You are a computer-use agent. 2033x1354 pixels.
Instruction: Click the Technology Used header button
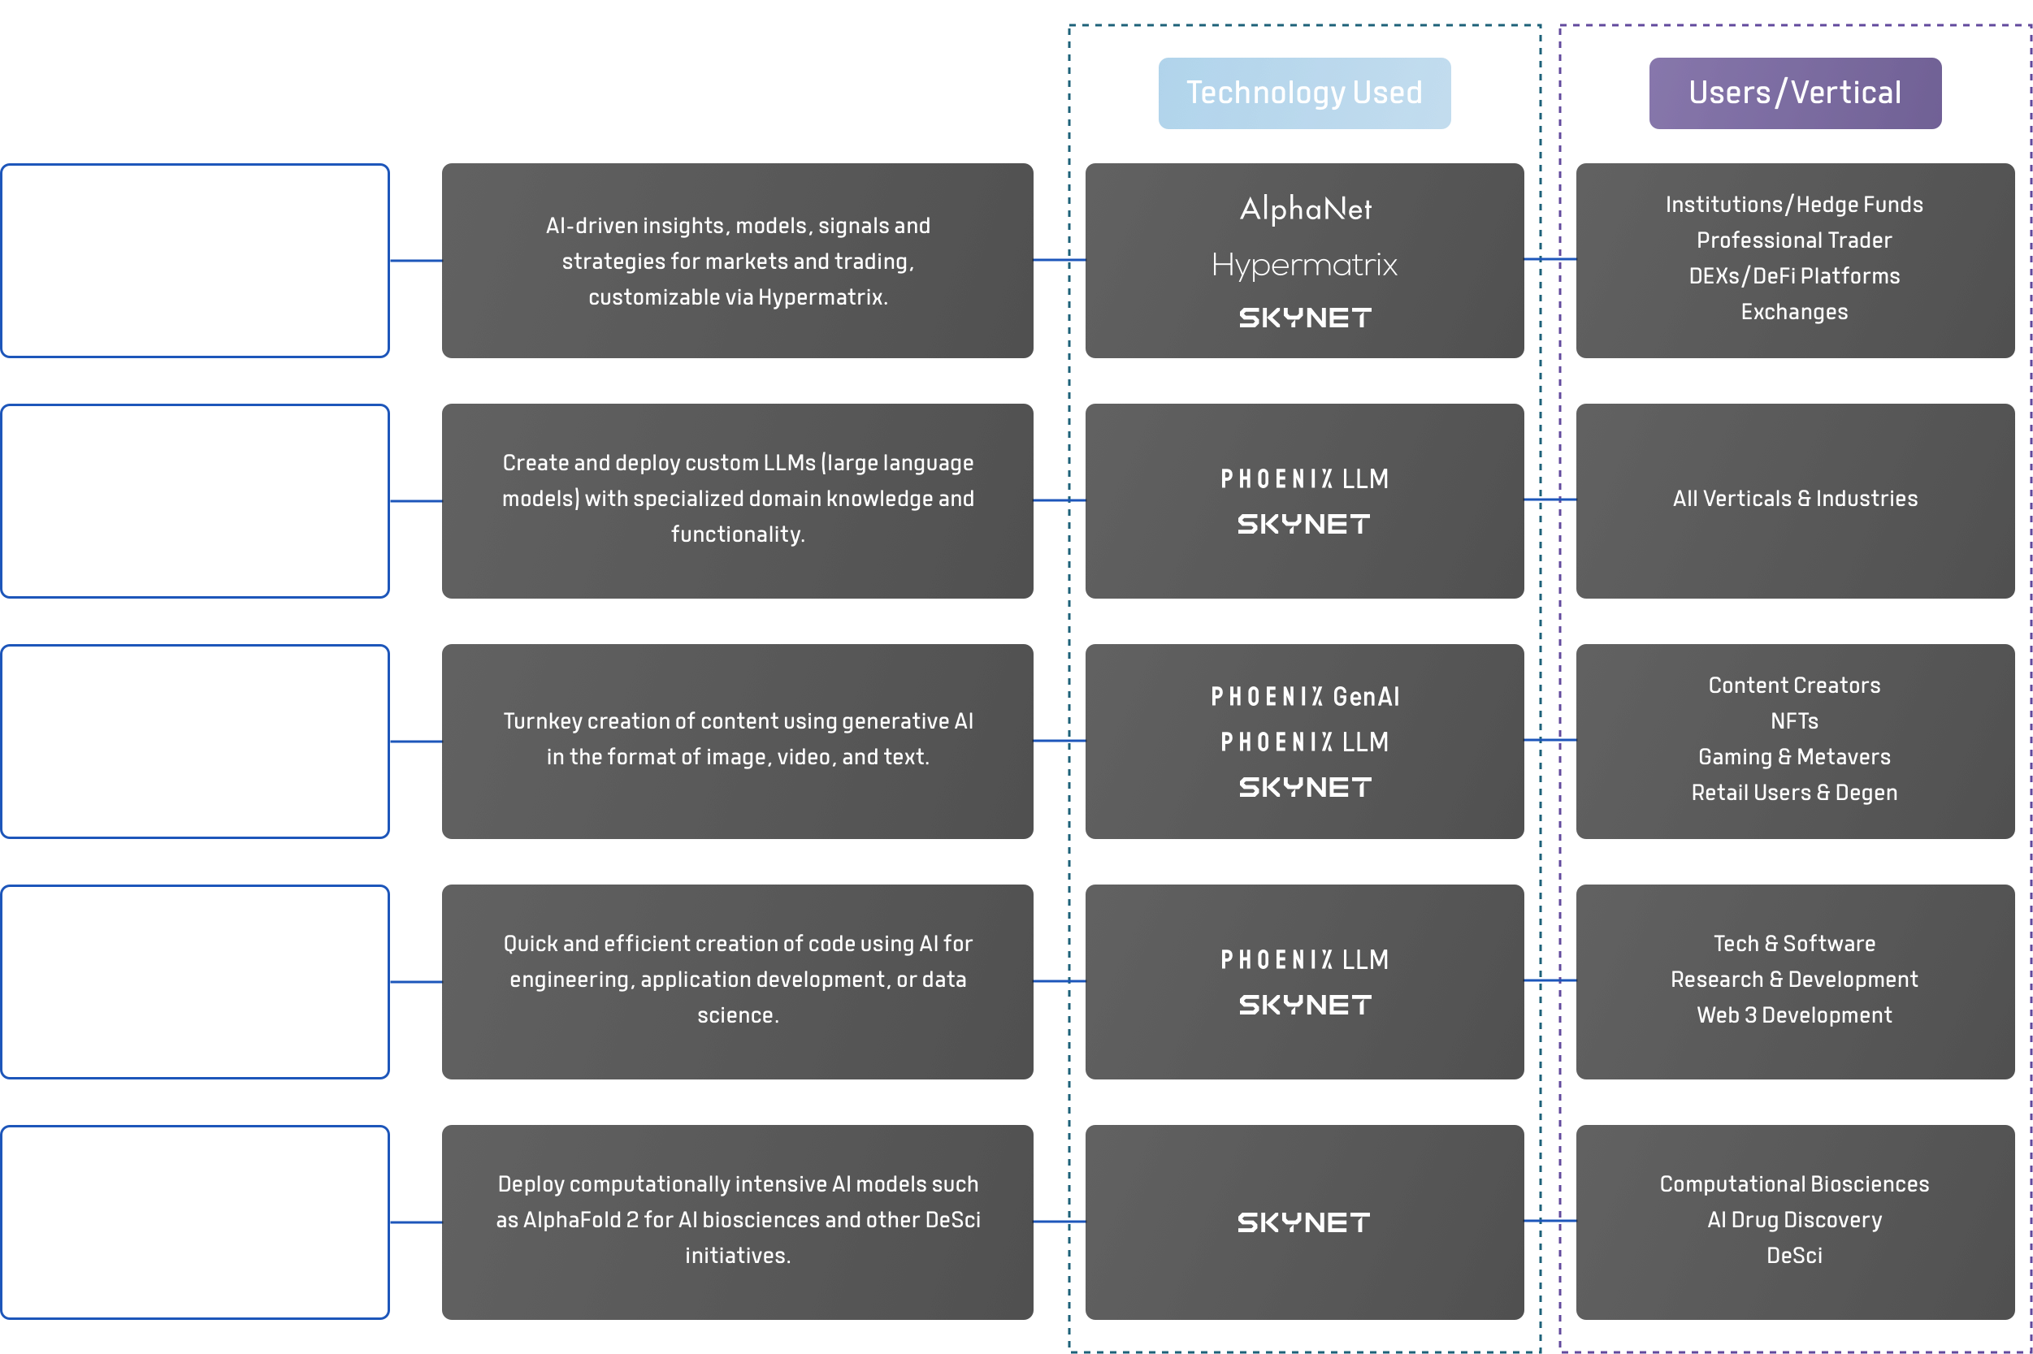tap(1304, 93)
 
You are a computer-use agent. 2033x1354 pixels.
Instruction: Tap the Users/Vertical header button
tap(1795, 93)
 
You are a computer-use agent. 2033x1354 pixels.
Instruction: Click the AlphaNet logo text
tap(1305, 209)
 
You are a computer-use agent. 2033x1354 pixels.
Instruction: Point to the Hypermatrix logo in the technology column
tap(1304, 265)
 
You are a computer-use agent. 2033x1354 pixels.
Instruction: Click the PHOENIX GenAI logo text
tap(1305, 697)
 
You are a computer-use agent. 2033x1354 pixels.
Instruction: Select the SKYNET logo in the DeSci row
tap(1304, 1222)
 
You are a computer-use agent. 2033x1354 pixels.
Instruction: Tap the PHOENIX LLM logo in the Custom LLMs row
tap(1304, 479)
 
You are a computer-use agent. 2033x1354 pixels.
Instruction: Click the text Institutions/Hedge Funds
tap(1794, 205)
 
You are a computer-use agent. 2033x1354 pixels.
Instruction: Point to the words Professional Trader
tap(1794, 241)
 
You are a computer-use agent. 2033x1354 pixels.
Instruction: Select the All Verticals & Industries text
tap(1795, 499)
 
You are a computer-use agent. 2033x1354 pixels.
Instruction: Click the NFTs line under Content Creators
tap(1794, 721)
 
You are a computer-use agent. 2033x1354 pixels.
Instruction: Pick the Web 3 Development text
tap(1794, 1015)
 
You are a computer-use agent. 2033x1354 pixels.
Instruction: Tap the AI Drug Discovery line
tap(1794, 1220)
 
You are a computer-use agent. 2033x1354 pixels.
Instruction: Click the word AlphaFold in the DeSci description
tap(572, 1220)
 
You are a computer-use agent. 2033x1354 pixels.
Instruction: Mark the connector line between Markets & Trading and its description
tap(415, 260)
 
